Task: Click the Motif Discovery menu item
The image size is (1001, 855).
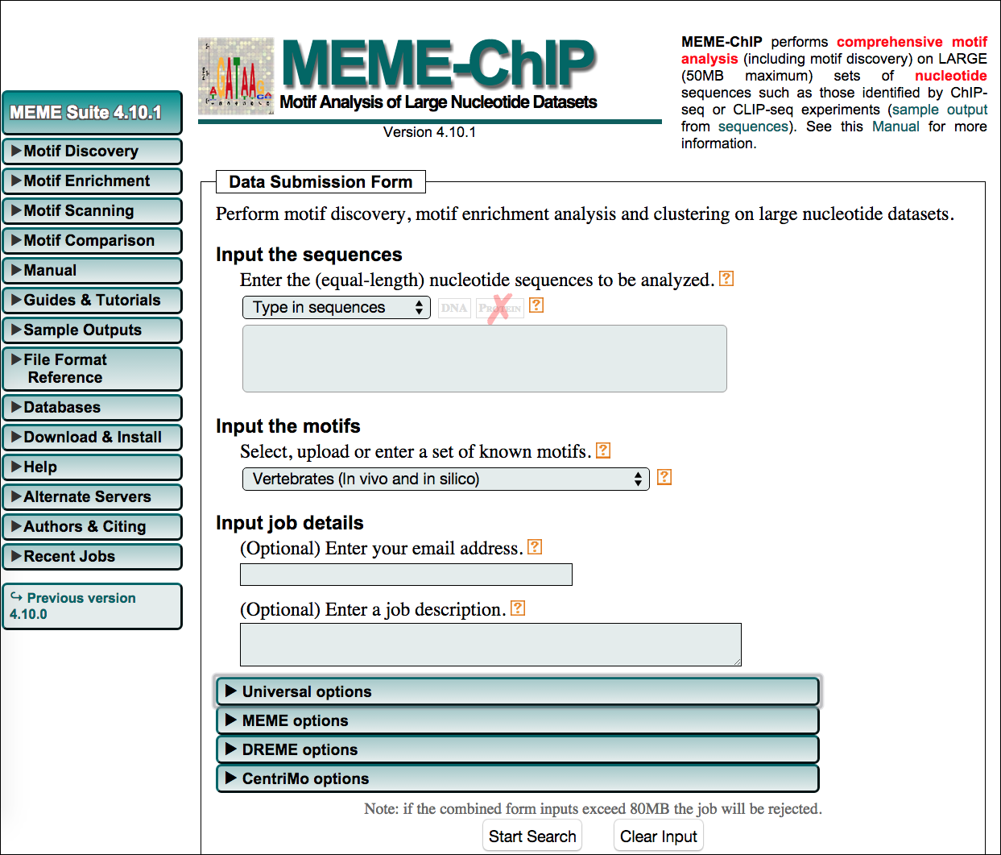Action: [x=92, y=151]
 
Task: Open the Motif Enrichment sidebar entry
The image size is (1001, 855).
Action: [x=92, y=181]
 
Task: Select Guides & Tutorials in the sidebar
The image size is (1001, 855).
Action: [x=92, y=301]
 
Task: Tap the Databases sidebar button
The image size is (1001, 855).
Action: [x=92, y=408]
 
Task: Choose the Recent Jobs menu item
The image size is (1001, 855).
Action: [x=92, y=557]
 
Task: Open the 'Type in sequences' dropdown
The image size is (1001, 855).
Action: [x=337, y=308]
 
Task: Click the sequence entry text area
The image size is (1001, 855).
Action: [x=484, y=359]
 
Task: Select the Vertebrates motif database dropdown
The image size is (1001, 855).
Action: [x=445, y=479]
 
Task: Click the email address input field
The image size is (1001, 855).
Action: [x=406, y=575]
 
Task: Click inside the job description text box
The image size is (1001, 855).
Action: [x=490, y=644]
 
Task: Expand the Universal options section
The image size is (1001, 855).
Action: [x=517, y=691]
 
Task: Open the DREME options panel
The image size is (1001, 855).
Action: [x=517, y=749]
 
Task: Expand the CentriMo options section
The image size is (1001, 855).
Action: [x=517, y=778]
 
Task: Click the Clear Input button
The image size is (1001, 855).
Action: [x=658, y=836]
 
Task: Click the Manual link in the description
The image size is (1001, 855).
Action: [x=895, y=127]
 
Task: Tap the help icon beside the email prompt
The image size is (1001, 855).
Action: [x=535, y=547]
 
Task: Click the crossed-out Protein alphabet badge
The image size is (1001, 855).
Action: [x=499, y=308]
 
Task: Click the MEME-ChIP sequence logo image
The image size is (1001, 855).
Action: [x=236, y=76]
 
